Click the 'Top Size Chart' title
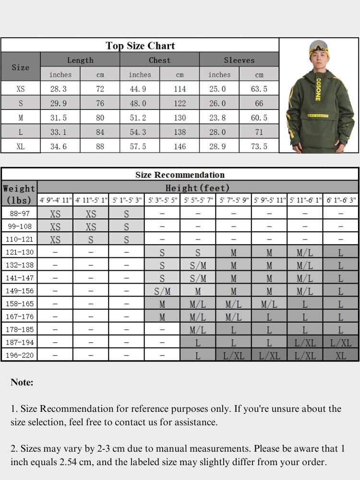pyautogui.click(x=140, y=46)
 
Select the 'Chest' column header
pyautogui.click(x=159, y=60)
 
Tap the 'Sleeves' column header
pyautogui.click(x=239, y=60)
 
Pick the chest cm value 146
pyautogui.click(x=180, y=146)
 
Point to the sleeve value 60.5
pyautogui.click(x=259, y=118)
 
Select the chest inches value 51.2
pyautogui.click(x=140, y=118)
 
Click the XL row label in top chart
pyautogui.click(x=21, y=146)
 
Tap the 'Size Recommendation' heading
pyautogui.click(x=180, y=175)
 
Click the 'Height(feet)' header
pyautogui.click(x=197, y=188)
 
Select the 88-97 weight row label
pyautogui.click(x=19, y=214)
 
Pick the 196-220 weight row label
pyautogui.click(x=19, y=355)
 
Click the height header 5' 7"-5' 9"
pyautogui.click(x=233, y=200)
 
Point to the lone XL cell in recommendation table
pyautogui.click(x=341, y=355)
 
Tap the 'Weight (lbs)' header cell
pyautogui.click(x=19, y=194)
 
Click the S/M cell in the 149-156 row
pyautogui.click(x=162, y=291)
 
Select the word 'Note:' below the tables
pyautogui.click(x=22, y=383)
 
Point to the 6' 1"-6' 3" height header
pyautogui.click(x=341, y=200)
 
